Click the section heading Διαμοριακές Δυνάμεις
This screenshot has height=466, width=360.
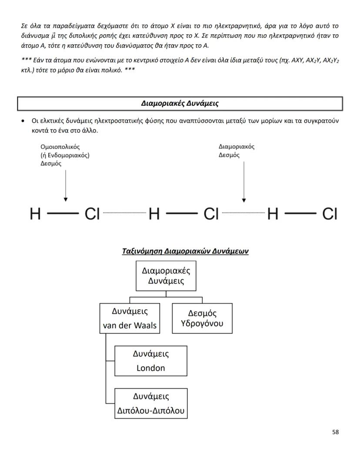(180, 104)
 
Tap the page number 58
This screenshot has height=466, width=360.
(335, 432)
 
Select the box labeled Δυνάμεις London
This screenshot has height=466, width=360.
(151, 361)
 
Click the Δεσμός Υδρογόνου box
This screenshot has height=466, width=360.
(202, 318)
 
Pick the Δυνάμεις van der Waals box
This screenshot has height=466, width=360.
(130, 318)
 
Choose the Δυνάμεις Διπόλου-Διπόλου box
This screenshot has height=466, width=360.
(151, 403)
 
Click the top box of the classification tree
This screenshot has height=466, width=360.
(166, 275)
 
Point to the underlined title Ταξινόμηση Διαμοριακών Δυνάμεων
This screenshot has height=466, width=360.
(185, 251)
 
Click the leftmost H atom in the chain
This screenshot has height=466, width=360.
(35, 214)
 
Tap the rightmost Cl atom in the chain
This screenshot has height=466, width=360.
(330, 214)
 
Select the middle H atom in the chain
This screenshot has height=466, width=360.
(154, 214)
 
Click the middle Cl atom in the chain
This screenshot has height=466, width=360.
(211, 214)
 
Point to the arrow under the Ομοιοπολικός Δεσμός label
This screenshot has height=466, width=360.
(66, 185)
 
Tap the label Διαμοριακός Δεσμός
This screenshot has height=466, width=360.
(236, 151)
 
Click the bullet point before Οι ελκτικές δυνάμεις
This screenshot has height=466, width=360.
(23, 121)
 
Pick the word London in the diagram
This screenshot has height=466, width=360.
(151, 368)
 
